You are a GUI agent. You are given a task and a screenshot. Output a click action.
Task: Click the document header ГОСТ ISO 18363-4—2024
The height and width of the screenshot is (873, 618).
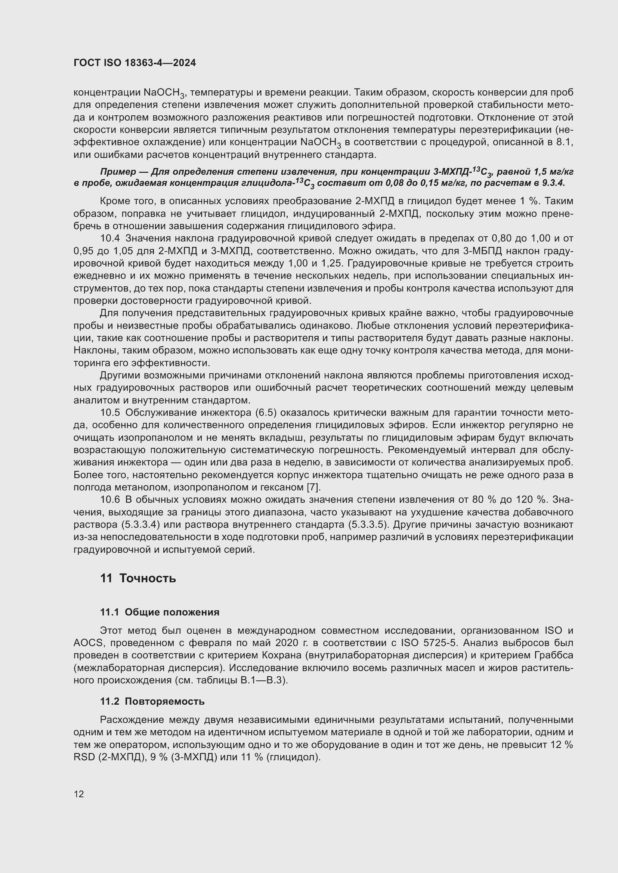coord(135,63)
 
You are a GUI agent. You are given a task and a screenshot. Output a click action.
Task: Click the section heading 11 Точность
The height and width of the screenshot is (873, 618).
coord(138,578)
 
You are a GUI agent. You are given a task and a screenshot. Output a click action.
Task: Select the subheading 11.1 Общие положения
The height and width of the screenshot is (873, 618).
coord(160,612)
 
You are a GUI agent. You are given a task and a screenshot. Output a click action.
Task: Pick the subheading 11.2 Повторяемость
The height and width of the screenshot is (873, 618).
coord(152,702)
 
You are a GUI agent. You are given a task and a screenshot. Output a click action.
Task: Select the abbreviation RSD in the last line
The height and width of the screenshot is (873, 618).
coord(84,757)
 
